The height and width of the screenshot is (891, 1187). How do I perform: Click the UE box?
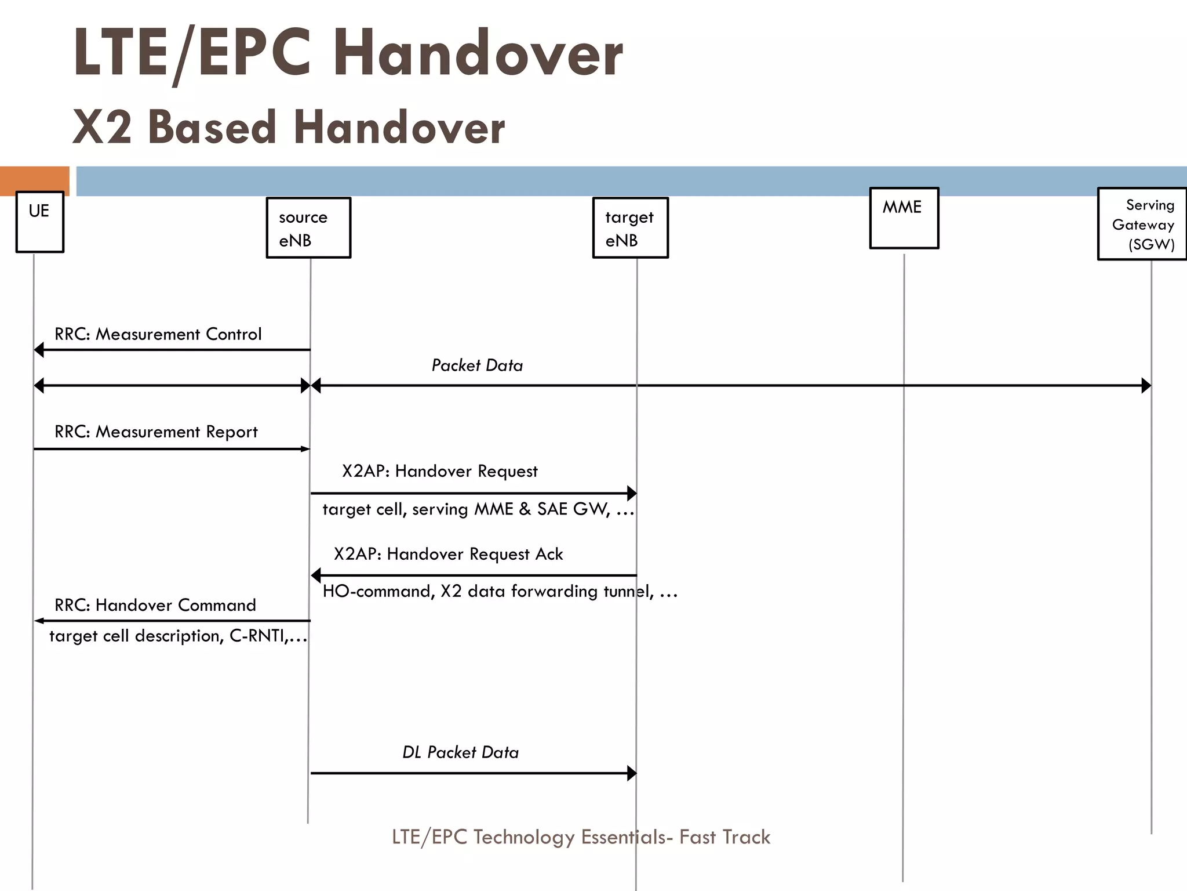pyautogui.click(x=39, y=222)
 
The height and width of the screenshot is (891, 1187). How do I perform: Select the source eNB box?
pyautogui.click(x=308, y=228)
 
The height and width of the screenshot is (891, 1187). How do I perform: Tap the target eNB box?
pyautogui.click(x=630, y=228)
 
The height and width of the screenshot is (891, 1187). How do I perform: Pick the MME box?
pyautogui.click(x=904, y=218)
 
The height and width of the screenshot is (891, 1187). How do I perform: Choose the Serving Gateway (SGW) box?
pyautogui.click(x=1142, y=224)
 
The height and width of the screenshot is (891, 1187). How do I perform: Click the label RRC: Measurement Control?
pyautogui.click(x=158, y=334)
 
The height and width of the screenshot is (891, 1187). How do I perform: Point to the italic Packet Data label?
pyautogui.click(x=477, y=365)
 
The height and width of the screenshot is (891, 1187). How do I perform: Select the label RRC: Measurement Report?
pyautogui.click(x=156, y=432)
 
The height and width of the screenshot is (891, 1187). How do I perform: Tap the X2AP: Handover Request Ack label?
pyautogui.click(x=448, y=554)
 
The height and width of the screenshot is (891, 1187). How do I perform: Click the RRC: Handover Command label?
pyautogui.click(x=155, y=605)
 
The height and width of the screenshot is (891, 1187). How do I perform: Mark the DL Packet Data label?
pyautogui.click(x=460, y=752)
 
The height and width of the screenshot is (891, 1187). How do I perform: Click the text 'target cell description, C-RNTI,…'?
pyautogui.click(x=178, y=636)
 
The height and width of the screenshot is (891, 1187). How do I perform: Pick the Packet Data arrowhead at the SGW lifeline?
pyautogui.click(x=1146, y=385)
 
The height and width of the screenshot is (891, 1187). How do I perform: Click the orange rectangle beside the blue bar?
pyautogui.click(x=34, y=180)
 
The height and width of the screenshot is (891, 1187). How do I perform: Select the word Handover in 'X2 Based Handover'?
pyautogui.click(x=399, y=128)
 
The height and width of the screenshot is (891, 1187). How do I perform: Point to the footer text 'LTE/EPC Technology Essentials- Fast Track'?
pyautogui.click(x=581, y=837)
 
